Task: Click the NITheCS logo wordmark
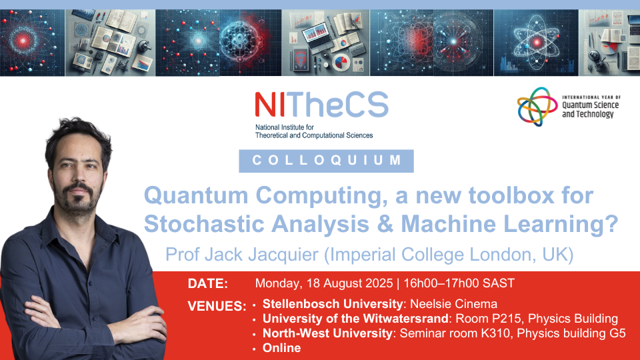click(321, 105)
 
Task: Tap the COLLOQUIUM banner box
click(326, 161)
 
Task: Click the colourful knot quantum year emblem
click(537, 106)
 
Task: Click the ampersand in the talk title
click(385, 224)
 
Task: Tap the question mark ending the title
click(612, 224)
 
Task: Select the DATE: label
click(208, 284)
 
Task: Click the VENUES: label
click(217, 306)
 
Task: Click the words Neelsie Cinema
click(453, 304)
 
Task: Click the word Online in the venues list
click(281, 348)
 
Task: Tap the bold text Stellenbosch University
click(333, 304)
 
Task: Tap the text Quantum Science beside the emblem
click(590, 105)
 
